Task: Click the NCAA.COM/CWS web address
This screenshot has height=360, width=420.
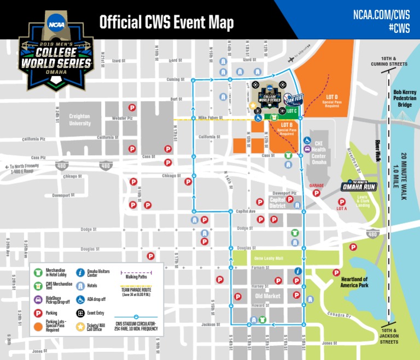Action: pos(382,14)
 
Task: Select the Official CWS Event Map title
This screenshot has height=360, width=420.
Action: pos(166,22)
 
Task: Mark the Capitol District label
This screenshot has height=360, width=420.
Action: pos(277,203)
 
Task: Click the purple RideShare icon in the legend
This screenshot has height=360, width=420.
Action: pos(38,299)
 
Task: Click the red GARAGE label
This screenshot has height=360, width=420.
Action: pos(317,186)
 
